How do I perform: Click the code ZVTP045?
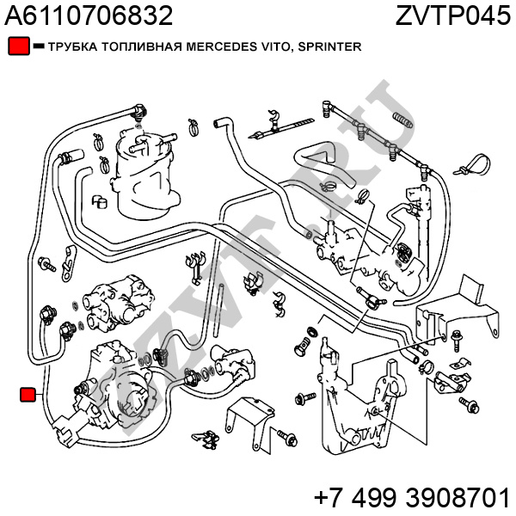point(452,15)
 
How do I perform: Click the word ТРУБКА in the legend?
point(72,48)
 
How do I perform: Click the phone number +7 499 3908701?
point(412,497)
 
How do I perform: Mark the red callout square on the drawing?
point(28,395)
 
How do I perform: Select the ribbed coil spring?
point(402,117)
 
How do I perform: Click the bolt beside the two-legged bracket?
point(290,440)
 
